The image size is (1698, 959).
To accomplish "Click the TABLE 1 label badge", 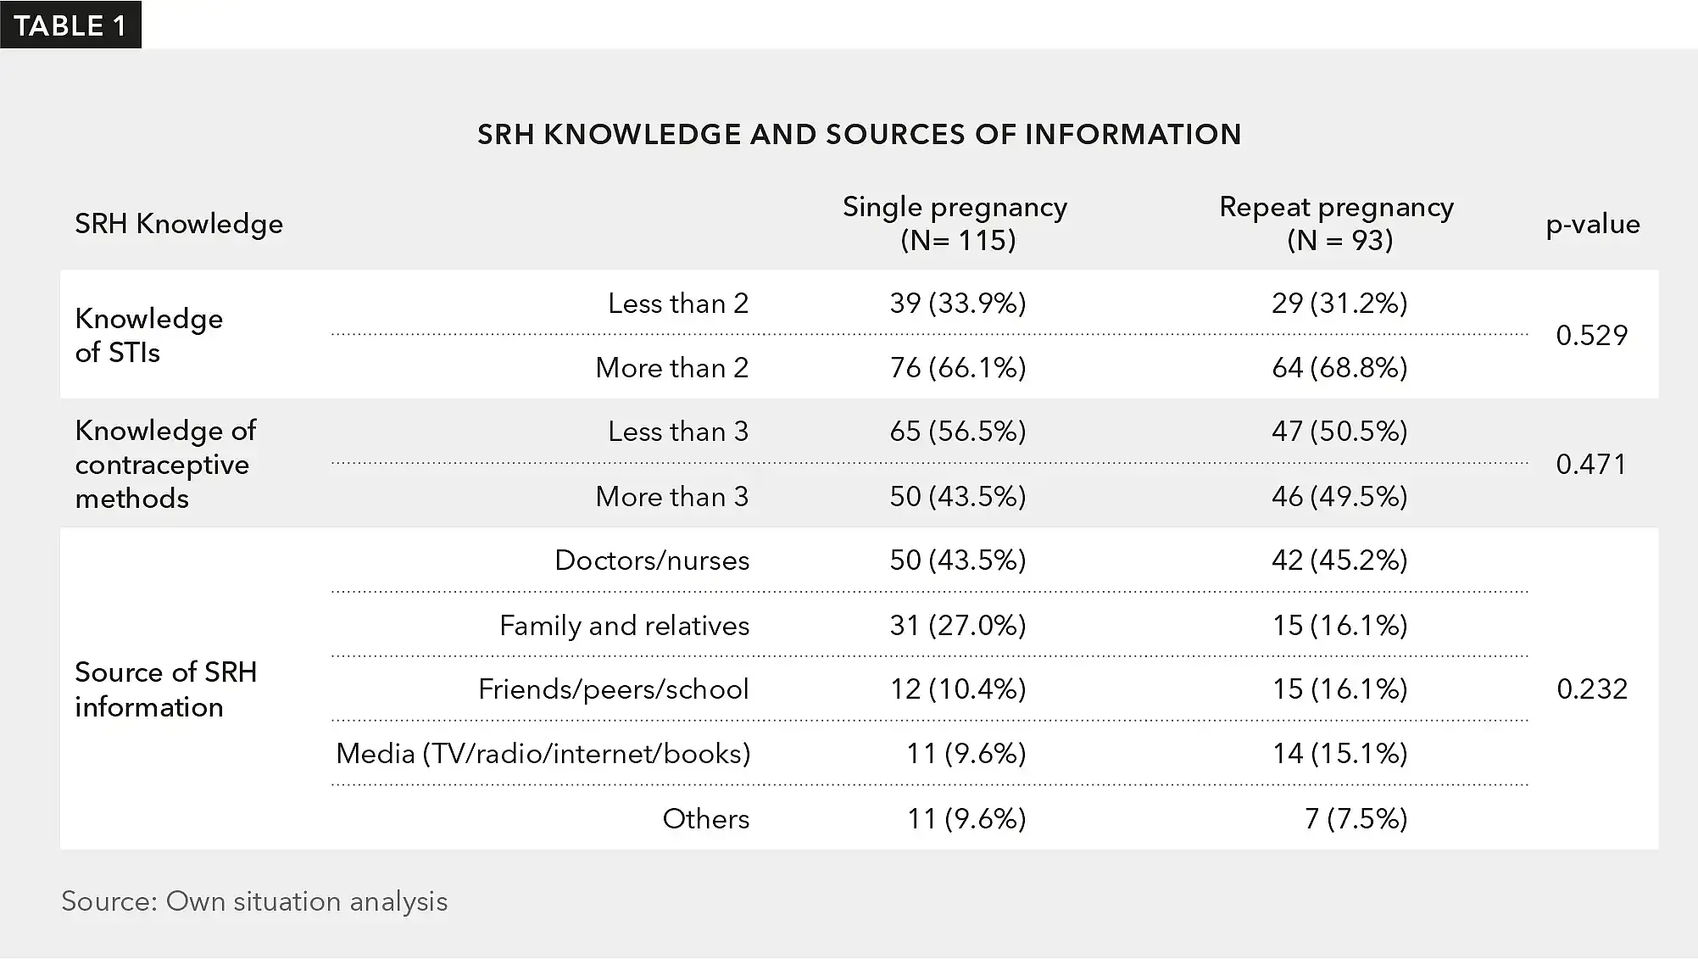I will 70,25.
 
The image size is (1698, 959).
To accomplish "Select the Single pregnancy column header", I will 955,223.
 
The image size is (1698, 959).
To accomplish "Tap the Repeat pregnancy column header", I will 1337,223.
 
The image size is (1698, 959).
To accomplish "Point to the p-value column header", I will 1592,224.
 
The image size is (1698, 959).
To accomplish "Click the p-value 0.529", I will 1591,335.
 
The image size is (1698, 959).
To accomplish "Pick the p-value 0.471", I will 1591,464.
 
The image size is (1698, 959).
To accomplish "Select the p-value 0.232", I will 1591,689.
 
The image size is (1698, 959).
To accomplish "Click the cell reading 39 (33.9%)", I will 958,303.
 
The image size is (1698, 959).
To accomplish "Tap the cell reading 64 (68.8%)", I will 1339,367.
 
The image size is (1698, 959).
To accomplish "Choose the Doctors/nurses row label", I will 652,560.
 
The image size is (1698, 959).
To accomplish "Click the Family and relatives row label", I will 625,625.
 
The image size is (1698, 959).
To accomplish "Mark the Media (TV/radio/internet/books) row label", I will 543,753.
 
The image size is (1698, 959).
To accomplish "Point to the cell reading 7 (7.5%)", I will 1356,818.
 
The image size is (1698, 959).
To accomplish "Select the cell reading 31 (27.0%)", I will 958,625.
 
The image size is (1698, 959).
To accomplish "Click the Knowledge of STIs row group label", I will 149,335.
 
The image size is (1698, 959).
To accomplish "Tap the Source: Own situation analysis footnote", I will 254,900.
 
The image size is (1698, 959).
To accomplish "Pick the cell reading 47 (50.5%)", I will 1339,431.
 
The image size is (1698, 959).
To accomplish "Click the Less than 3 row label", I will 678,431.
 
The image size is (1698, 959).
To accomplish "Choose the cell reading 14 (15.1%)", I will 1339,753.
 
